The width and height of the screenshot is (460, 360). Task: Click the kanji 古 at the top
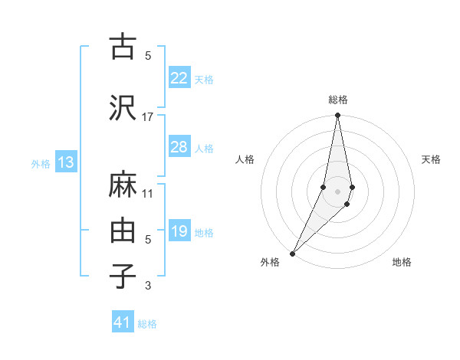click(x=122, y=47)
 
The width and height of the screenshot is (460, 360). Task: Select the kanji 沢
click(x=122, y=108)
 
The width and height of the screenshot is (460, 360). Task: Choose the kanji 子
click(x=122, y=277)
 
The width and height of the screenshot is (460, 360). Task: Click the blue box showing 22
click(x=179, y=78)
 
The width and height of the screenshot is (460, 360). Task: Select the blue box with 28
click(x=179, y=147)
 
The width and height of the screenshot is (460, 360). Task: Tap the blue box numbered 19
click(x=179, y=231)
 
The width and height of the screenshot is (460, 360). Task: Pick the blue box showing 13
click(x=65, y=162)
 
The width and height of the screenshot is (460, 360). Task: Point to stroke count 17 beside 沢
click(x=148, y=116)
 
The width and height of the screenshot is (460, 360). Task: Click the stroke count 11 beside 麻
click(x=148, y=193)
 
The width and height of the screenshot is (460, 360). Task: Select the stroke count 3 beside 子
click(x=148, y=286)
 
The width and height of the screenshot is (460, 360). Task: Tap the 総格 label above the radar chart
click(x=338, y=100)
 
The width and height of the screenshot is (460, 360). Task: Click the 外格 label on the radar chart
click(x=270, y=262)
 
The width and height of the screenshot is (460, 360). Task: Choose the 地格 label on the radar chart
click(x=402, y=262)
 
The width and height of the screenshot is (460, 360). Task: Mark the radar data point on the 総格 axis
click(x=337, y=116)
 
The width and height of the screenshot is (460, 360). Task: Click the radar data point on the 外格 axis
click(x=292, y=253)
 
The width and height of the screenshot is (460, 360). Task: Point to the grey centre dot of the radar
click(x=337, y=191)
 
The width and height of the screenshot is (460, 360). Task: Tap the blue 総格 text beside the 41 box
click(x=147, y=324)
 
